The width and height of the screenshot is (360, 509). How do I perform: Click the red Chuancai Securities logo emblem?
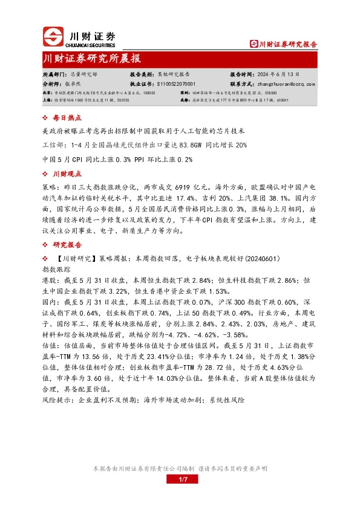[54, 37]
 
